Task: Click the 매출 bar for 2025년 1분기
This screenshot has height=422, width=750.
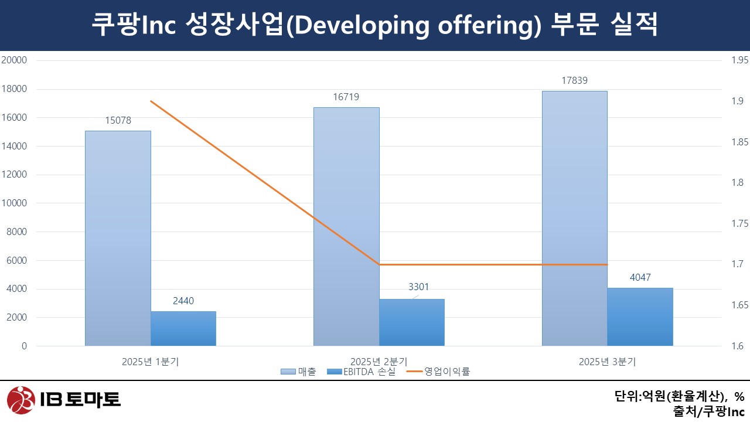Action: coord(118,238)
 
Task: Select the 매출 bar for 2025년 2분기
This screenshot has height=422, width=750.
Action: coord(346,226)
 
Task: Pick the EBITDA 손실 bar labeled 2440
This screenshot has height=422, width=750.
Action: coord(183,328)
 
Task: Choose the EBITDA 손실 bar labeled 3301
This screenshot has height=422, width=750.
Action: coord(412,322)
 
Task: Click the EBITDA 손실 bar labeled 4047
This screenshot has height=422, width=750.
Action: coord(640,316)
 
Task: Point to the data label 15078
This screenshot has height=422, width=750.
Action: coord(118,121)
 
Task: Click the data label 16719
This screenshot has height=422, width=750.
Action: coord(346,97)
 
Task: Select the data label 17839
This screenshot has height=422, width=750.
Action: coord(574,81)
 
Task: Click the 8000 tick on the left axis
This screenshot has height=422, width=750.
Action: coord(16,232)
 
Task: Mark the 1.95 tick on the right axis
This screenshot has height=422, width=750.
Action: coord(739,60)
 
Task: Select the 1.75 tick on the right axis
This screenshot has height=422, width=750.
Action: coord(739,223)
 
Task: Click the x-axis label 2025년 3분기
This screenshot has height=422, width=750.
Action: coord(607,362)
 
